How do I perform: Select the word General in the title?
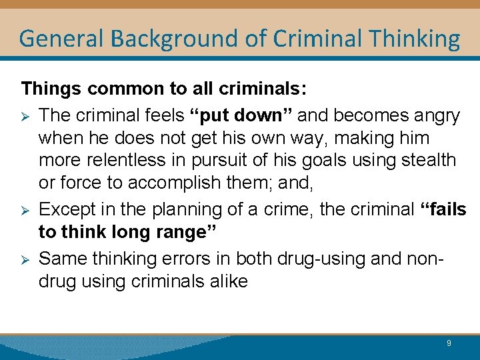pos(61,39)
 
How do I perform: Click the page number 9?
pos(449,343)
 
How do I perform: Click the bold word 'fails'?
pos(445,209)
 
